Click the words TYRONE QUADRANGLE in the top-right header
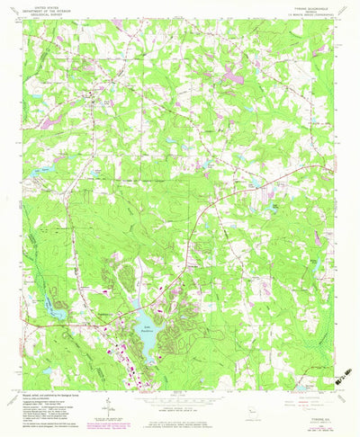(x=294, y=7)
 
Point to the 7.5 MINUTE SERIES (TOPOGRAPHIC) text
(x=294, y=16)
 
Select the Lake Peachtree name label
(x=144, y=328)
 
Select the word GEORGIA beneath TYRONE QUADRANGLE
(x=294, y=12)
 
